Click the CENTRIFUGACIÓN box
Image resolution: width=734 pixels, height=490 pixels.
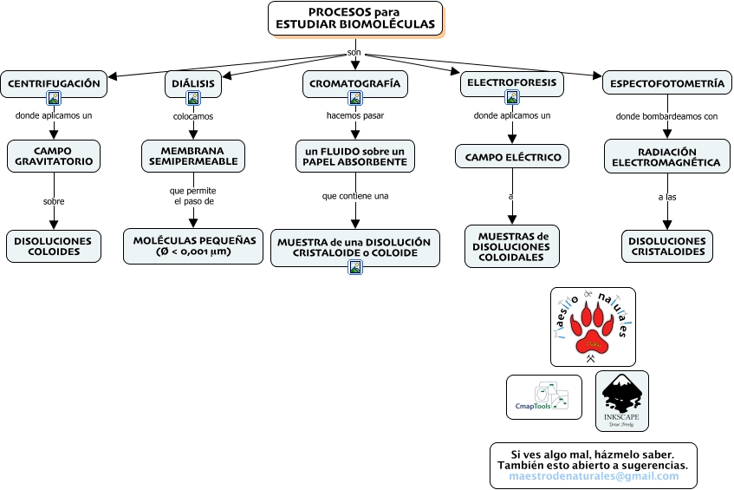pos(54,84)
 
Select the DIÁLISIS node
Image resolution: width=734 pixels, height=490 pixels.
pos(193,84)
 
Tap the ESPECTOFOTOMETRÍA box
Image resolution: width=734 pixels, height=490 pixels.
pos(667,83)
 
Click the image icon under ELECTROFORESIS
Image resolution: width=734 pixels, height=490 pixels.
pos(512,97)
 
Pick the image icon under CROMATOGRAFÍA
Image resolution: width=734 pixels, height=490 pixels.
pos(355,98)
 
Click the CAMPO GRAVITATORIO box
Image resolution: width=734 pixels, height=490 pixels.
pos(54,156)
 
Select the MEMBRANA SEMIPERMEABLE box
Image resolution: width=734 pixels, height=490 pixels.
pos(193,156)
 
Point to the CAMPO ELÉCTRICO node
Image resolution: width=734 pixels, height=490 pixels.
pos(512,156)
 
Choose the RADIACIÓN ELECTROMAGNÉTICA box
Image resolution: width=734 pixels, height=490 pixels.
pos(667,156)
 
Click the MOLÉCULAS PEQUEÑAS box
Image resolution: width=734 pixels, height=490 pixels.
pos(193,246)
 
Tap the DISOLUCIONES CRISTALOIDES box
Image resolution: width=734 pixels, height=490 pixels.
pos(667,246)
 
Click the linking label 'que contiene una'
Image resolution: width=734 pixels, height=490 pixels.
pos(355,196)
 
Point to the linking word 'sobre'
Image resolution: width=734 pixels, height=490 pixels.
pos(54,201)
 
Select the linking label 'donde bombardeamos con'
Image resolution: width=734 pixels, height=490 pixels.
pos(666,116)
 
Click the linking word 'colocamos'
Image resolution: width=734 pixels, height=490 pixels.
pos(193,116)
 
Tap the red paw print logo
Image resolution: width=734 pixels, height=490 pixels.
pos(593,327)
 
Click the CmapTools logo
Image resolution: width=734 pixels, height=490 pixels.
pos(544,397)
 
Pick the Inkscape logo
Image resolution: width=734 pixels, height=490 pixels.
pos(621,401)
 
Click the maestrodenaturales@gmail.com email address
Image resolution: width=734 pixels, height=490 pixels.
pos(594,476)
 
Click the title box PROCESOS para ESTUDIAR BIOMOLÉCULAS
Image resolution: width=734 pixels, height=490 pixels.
pos(355,18)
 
